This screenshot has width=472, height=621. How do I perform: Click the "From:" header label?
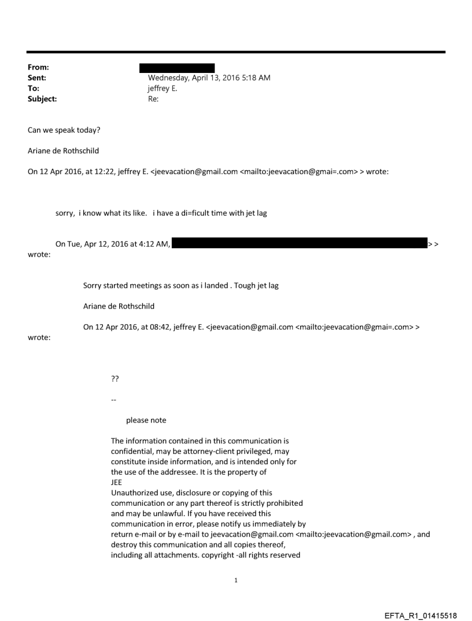coord(37,68)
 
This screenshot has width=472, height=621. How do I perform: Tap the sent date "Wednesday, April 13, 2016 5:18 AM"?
coord(209,78)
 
